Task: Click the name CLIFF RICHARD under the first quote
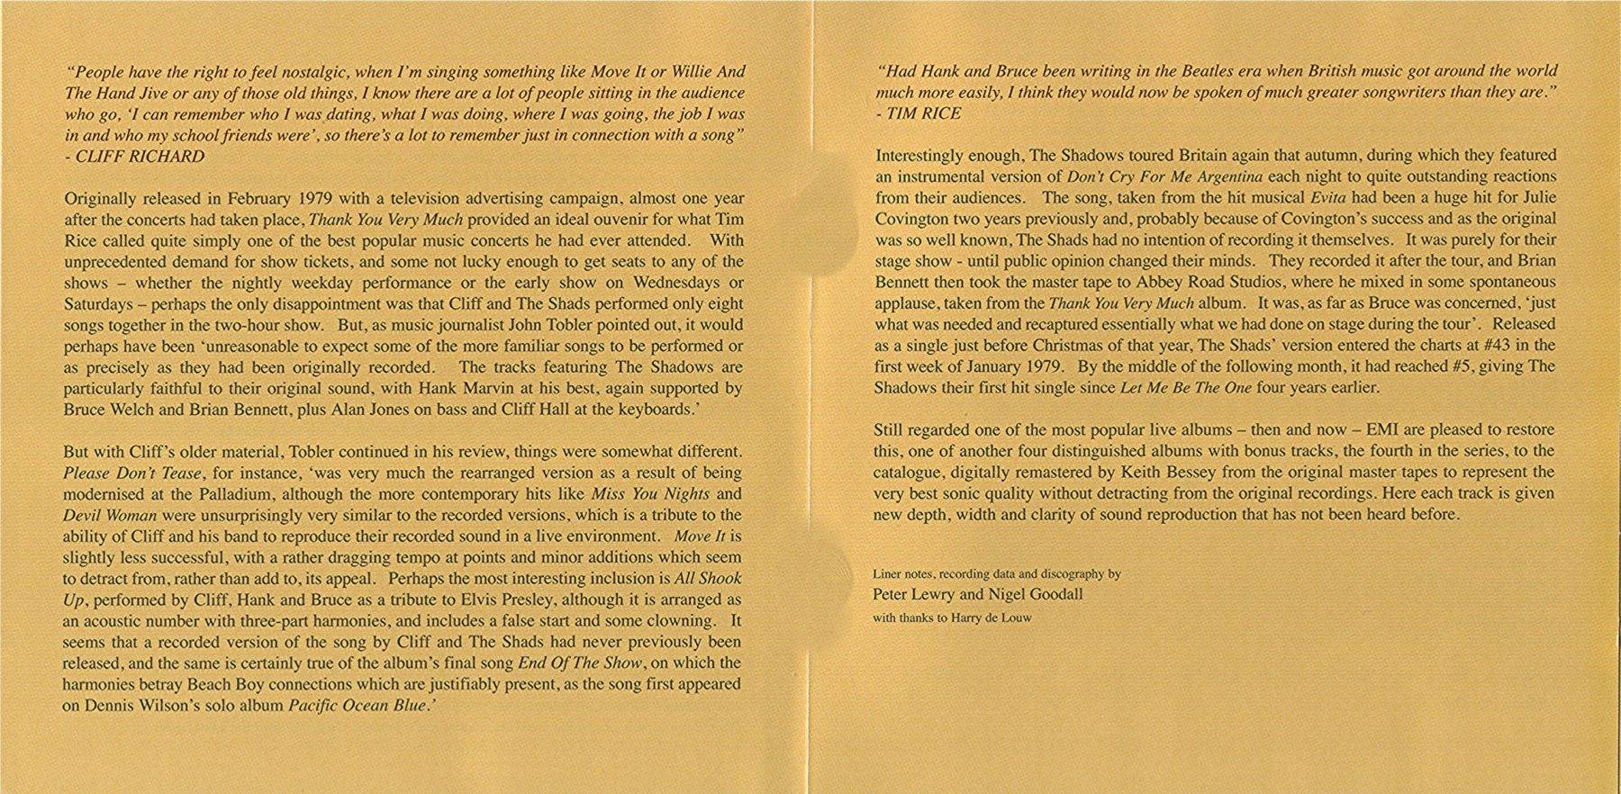pos(140,157)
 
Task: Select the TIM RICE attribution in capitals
pos(924,113)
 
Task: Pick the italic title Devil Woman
pos(110,516)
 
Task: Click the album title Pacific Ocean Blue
pos(357,706)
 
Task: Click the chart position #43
pos(1494,346)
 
